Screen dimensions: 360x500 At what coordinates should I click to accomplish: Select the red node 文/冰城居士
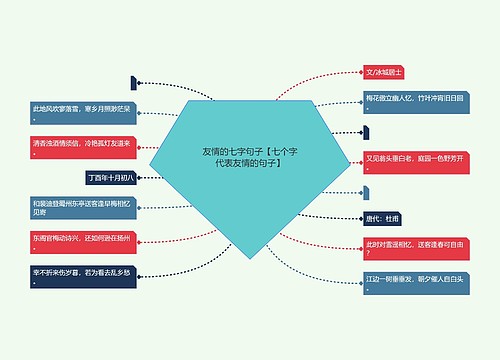coord(385,72)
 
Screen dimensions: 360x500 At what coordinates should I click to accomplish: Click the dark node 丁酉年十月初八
coord(112,177)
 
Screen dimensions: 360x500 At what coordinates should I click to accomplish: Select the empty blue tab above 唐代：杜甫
coord(368,190)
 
